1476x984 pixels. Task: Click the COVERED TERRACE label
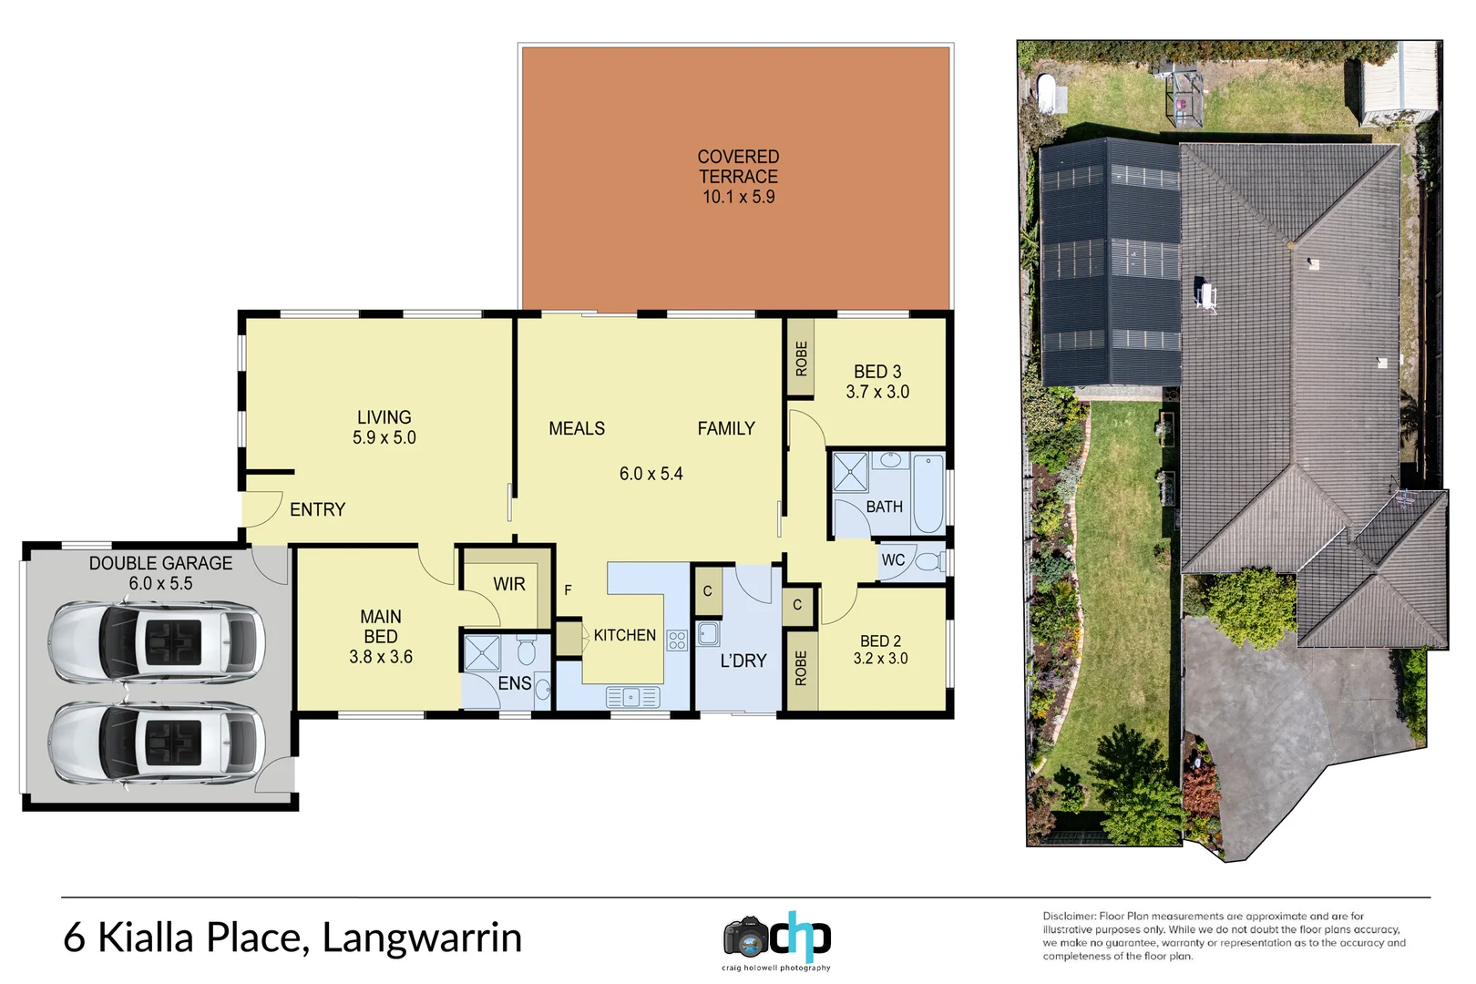[x=738, y=167]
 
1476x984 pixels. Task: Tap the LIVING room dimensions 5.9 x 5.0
[x=384, y=438]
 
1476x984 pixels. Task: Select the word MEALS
[x=577, y=428]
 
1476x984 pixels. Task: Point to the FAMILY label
[x=726, y=428]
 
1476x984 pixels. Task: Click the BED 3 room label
[x=877, y=372]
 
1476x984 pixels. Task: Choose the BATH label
[x=884, y=507]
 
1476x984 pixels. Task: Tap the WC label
[x=893, y=560]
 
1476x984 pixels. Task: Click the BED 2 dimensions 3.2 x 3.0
[x=880, y=659]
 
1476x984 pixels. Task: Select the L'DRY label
[x=743, y=661]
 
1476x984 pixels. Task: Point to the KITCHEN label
[x=625, y=635]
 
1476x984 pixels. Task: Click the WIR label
[x=509, y=584]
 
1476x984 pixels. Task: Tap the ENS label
[x=515, y=682]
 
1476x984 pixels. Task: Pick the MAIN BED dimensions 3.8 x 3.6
[x=381, y=657]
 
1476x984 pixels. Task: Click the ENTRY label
[x=318, y=509]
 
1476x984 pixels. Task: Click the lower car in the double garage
[x=157, y=743]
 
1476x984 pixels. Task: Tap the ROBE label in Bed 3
[x=801, y=358]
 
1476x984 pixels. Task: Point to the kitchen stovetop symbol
[x=676, y=640]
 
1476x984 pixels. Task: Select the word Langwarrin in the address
[x=422, y=938]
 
